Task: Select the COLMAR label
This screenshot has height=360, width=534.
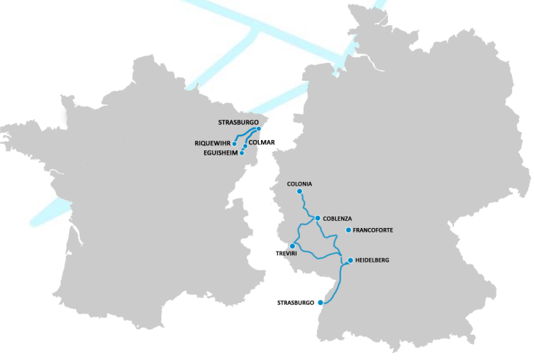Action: pos(262,142)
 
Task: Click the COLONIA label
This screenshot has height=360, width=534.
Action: pos(300,183)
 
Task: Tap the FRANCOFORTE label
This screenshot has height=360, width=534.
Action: pos(373,230)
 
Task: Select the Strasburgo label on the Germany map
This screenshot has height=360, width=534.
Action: pos(296,302)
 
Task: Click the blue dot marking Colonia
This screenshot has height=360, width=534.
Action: pos(299,192)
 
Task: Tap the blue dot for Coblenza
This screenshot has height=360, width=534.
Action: pos(317,218)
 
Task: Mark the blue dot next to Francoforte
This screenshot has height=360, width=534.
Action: pos(348,230)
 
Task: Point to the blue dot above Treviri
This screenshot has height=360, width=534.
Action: pos(292,246)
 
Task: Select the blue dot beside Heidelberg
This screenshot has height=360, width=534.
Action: pos(351,260)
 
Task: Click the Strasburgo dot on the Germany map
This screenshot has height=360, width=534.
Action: pos(321,302)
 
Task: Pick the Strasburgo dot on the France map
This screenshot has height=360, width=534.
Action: pos(259,128)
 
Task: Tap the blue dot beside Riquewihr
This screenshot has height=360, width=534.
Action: pos(235,143)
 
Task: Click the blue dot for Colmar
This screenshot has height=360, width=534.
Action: pos(245,146)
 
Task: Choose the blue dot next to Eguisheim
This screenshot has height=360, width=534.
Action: pos(242,153)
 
